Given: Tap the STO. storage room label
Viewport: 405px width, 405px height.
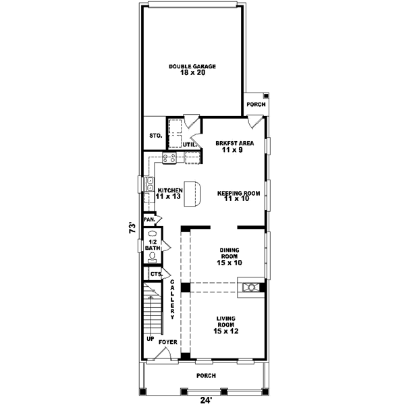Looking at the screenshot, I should (x=155, y=136).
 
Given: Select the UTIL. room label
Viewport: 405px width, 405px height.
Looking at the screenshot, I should (x=190, y=144).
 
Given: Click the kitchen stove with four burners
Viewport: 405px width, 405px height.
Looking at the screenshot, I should (x=169, y=159).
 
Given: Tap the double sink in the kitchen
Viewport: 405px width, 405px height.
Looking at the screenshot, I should (x=149, y=184).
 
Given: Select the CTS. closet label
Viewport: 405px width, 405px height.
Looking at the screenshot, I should (x=155, y=274).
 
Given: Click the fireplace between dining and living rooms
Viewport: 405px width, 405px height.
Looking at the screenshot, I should (x=251, y=288).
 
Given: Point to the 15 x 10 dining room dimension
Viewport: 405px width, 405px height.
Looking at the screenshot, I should (x=229, y=263).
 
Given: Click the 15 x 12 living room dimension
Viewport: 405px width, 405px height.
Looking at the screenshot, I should (x=226, y=331).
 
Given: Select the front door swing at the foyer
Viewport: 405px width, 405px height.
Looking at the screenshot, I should (x=169, y=352).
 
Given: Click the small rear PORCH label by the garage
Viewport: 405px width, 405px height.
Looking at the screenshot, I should (x=255, y=105).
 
